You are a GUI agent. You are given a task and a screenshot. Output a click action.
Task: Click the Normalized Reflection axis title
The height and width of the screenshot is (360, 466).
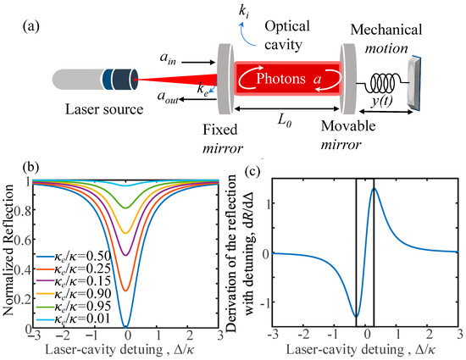[x=9, y=253]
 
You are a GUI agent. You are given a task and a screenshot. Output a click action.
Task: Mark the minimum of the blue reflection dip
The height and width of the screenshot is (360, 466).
[x=126, y=326]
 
